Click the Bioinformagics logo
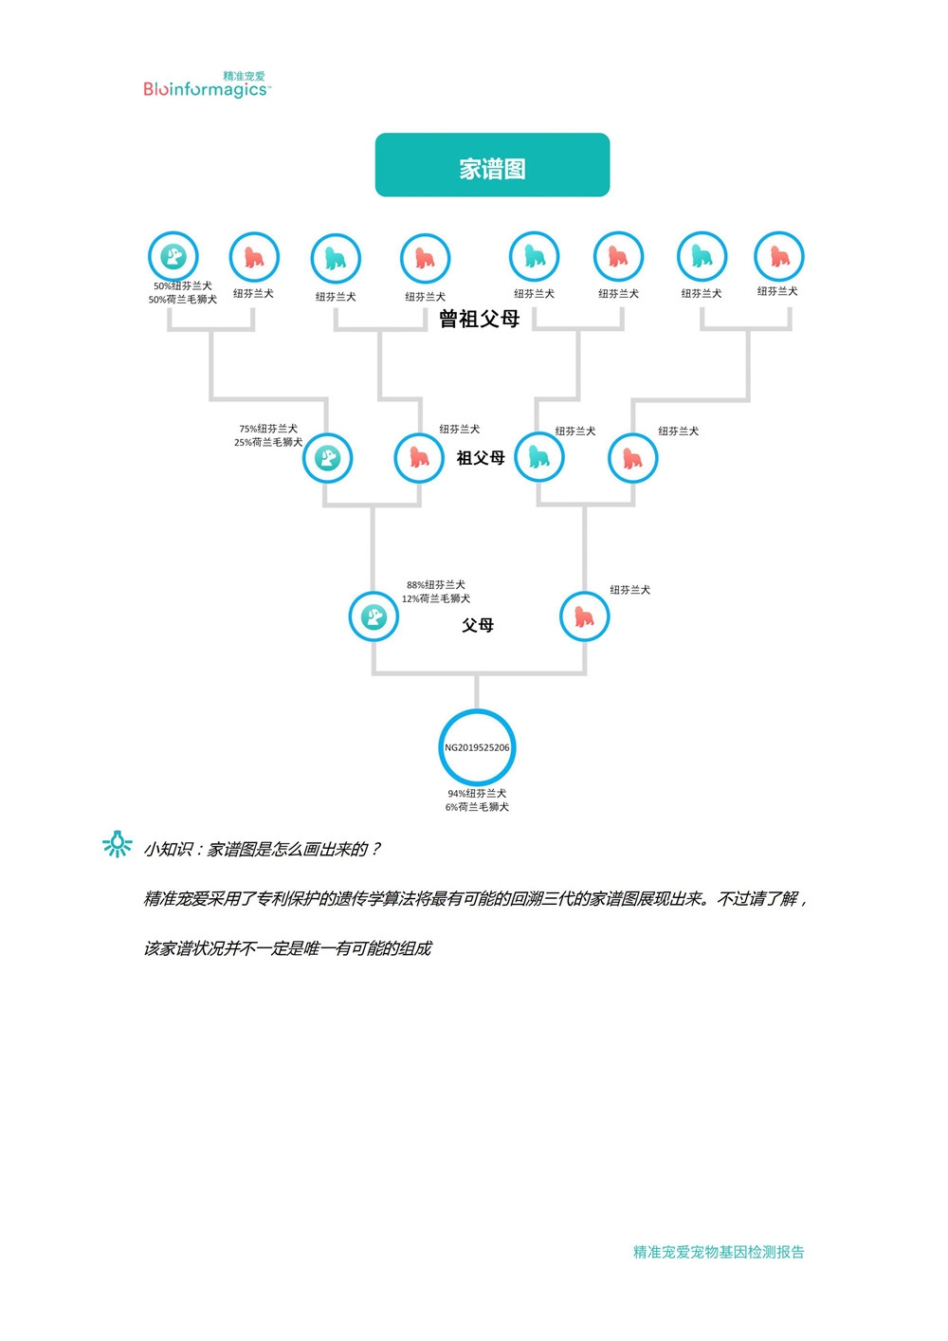tap(207, 85)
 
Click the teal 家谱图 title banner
tap(492, 165)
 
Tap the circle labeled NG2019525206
tap(477, 747)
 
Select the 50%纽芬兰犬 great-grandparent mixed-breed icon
tap(173, 256)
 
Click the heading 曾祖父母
tap(480, 319)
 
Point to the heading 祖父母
tap(481, 458)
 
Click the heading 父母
tap(478, 625)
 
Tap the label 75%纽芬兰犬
tap(268, 429)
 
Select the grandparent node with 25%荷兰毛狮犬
tap(327, 458)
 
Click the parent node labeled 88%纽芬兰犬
tap(374, 616)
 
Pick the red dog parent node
tap(584, 616)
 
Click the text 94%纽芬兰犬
tap(477, 793)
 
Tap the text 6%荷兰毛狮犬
tap(477, 807)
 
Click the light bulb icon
tap(118, 844)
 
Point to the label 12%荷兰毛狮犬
tap(436, 598)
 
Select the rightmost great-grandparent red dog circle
tap(778, 256)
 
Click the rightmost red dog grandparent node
tap(632, 458)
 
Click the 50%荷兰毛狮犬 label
tap(183, 300)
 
